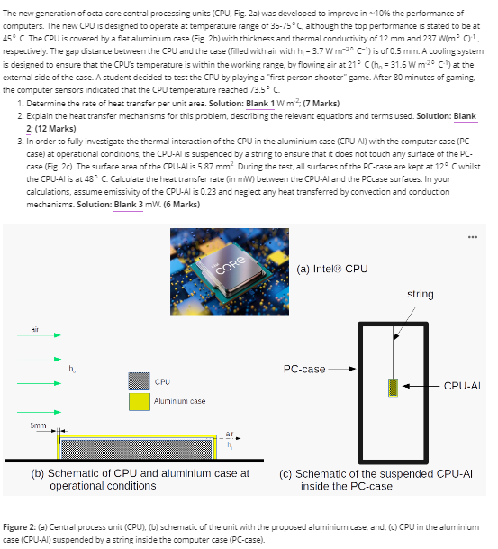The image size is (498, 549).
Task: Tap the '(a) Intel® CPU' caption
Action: point(331,269)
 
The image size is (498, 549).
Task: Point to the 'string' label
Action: point(420,294)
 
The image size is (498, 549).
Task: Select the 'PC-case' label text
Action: point(304,369)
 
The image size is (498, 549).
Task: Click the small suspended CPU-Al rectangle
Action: point(393,387)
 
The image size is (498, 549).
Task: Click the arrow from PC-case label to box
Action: point(343,369)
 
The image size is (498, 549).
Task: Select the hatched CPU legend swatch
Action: point(139,381)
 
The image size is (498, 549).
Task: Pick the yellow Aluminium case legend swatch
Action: point(139,400)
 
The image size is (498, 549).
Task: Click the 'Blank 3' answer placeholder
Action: point(128,205)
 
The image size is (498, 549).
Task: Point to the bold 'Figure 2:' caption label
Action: point(25,526)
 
